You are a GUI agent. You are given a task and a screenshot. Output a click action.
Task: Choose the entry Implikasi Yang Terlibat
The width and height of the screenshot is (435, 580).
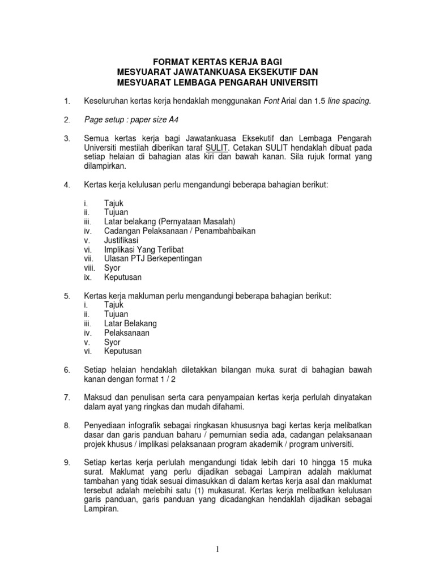[144, 249]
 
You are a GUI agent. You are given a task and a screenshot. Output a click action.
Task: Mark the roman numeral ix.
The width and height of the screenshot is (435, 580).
[86, 277]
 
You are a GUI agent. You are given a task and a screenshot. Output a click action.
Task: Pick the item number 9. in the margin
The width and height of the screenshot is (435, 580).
[67, 463]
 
